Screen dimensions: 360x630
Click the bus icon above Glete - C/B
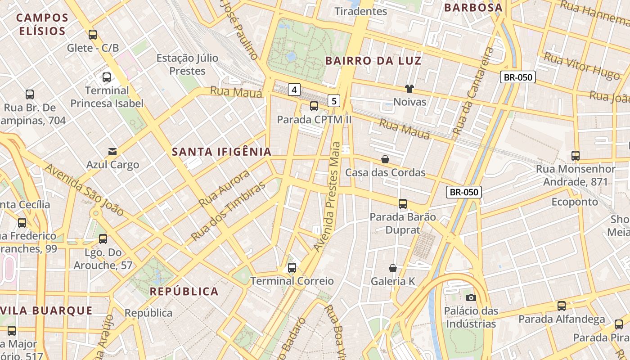pyautogui.click(x=93, y=34)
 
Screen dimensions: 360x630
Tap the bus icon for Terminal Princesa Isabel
pyautogui.click(x=107, y=77)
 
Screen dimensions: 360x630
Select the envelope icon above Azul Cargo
pyautogui.click(x=112, y=152)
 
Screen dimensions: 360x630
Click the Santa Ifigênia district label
pyautogui.click(x=222, y=152)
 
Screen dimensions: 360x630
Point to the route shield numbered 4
pyautogui.click(x=294, y=90)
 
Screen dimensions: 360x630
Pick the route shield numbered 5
pyautogui.click(x=333, y=101)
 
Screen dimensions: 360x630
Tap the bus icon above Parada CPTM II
pyautogui.click(x=314, y=107)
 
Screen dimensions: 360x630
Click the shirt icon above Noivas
pyautogui.click(x=409, y=89)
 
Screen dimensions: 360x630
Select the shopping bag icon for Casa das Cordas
pyautogui.click(x=385, y=159)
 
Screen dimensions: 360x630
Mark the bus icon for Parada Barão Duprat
pyautogui.click(x=403, y=203)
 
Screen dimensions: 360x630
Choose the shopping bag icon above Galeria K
pyautogui.click(x=393, y=268)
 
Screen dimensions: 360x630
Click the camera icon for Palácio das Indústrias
pyautogui.click(x=471, y=297)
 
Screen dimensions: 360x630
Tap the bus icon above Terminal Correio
pyautogui.click(x=292, y=268)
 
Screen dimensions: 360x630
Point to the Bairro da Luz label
pyautogui.click(x=373, y=61)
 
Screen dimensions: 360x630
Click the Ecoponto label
pyautogui.click(x=575, y=202)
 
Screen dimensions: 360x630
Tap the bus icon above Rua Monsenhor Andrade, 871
pyautogui.click(x=576, y=156)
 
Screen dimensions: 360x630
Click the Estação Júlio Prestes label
pyautogui.click(x=188, y=64)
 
